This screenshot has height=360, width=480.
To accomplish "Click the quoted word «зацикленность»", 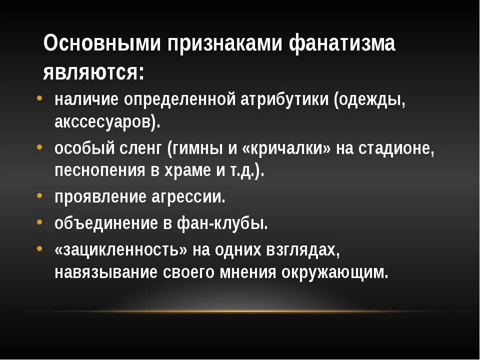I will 121,249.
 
